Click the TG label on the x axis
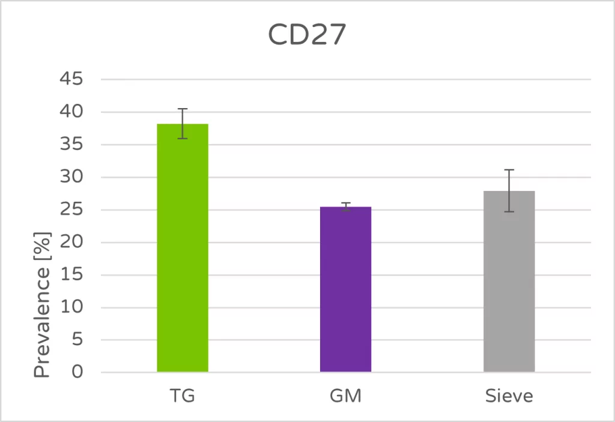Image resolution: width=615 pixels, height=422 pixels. point(183,397)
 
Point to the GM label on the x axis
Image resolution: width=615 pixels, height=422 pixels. point(345,397)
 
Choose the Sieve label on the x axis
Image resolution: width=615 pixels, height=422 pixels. point(509,397)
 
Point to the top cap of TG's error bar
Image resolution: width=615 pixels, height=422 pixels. point(183,109)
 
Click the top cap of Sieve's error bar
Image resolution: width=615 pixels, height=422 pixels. point(509,170)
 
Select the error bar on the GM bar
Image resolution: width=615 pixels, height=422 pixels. point(345,206)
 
